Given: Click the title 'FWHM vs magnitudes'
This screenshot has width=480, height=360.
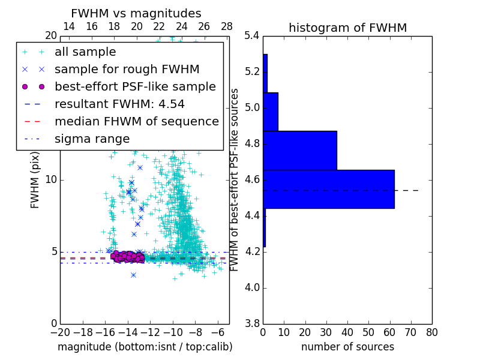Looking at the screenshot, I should (136, 13).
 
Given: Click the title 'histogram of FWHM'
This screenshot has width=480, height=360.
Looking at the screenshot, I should (347, 28).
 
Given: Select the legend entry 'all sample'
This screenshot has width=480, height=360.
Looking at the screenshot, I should (85, 52).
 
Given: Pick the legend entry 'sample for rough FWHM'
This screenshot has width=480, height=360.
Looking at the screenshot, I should (127, 69).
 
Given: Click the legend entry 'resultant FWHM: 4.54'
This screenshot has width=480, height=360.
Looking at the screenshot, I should (119, 104).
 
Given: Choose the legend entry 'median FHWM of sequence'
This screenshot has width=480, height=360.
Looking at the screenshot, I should (136, 121).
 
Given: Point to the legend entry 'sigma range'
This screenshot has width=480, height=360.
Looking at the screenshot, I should (92, 139).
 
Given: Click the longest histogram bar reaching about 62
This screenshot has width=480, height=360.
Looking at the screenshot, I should (328, 189).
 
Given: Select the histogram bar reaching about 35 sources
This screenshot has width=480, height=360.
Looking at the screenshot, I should (299, 150).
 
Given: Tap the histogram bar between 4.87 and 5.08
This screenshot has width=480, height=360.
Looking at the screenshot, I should (270, 112).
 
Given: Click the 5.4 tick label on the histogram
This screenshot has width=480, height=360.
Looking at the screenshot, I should (252, 36).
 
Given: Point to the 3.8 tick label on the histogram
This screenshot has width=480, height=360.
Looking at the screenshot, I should (252, 323).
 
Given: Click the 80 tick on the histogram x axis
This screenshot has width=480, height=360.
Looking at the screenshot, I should (432, 332).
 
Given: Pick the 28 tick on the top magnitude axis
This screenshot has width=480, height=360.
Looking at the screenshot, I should (227, 26).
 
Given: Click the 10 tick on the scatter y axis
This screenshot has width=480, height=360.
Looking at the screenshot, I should (51, 179).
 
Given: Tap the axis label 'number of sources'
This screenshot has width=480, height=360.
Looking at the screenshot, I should (347, 347).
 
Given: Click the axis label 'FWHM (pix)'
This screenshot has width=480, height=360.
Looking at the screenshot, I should (35, 179).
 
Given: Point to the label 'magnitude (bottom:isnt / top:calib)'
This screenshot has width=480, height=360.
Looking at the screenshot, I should (145, 347).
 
